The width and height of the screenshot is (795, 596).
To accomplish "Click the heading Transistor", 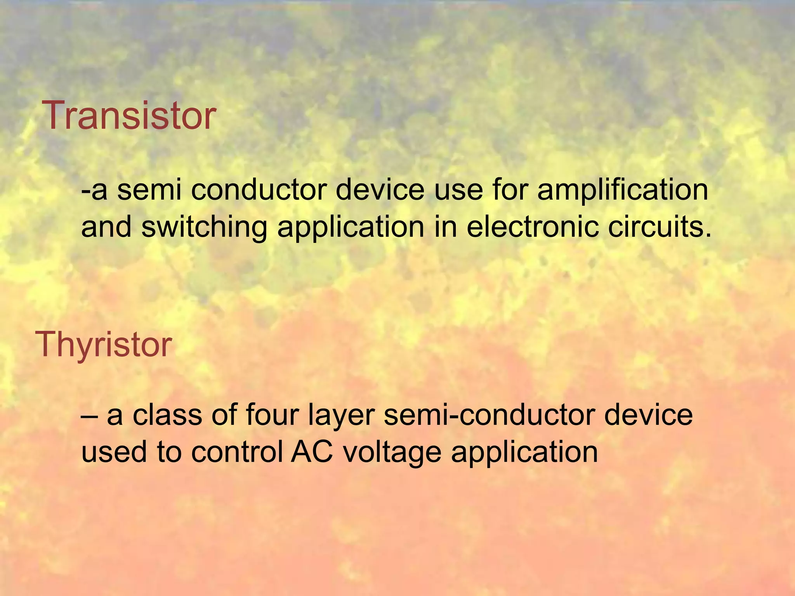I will click(130, 116).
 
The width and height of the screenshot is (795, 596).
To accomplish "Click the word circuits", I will click(660, 227).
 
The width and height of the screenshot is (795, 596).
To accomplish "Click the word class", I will click(167, 414).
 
